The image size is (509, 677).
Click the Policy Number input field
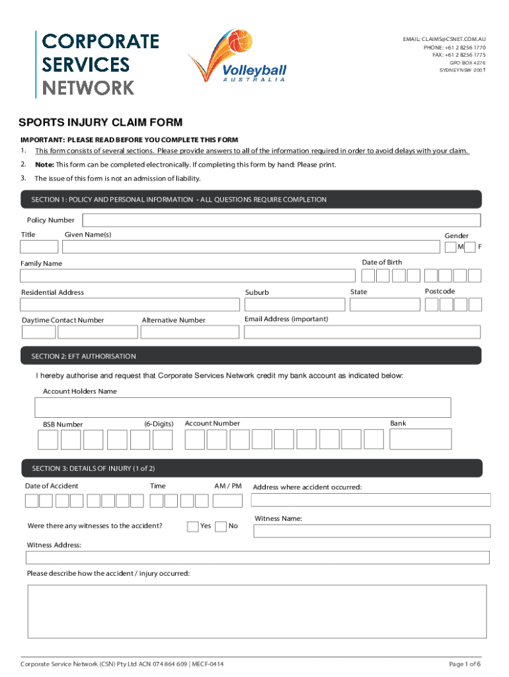coord(282,220)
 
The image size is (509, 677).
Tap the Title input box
coord(39,247)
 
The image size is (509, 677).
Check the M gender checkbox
coord(450,247)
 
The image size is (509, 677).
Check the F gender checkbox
coord(469,247)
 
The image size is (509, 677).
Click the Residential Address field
coord(130,304)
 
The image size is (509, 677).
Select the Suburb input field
coord(294,304)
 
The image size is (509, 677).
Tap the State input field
coord(384,304)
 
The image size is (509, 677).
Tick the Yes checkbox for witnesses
coord(192,526)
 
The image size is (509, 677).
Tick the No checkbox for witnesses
coord(221,526)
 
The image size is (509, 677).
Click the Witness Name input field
coord(372,531)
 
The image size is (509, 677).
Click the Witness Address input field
coord(257,557)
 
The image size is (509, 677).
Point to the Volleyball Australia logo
coord(237,58)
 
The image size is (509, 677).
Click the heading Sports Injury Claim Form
coord(100,122)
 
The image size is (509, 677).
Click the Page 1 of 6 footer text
coord(465,664)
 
